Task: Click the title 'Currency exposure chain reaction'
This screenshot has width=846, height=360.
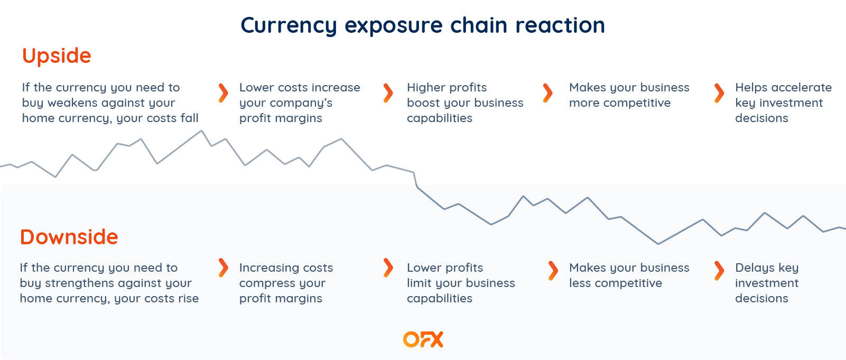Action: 423,25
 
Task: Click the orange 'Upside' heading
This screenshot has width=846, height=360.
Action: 57,56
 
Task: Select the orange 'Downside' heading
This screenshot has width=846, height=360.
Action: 69,237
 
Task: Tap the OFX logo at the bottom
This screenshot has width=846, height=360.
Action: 423,339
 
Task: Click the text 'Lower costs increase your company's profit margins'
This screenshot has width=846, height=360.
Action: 299,103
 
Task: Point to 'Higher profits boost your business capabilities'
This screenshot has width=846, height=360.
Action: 464,103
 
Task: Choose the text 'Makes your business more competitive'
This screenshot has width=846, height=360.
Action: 629,95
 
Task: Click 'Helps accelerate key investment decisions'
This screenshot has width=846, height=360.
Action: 783,103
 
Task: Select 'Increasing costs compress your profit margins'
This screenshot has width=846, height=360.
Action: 285,283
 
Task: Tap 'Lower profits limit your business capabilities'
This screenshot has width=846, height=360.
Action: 460,283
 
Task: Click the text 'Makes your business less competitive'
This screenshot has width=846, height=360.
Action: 629,275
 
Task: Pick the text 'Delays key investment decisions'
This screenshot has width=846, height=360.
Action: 766,283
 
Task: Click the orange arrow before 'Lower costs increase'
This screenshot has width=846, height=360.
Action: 224,93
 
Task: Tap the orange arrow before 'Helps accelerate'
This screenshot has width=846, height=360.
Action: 719,93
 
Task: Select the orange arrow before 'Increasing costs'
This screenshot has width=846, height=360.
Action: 224,268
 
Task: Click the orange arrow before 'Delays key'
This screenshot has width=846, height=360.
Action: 719,270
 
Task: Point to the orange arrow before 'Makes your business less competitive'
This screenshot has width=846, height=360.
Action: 553,270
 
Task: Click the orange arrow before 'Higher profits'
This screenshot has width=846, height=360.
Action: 388,93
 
